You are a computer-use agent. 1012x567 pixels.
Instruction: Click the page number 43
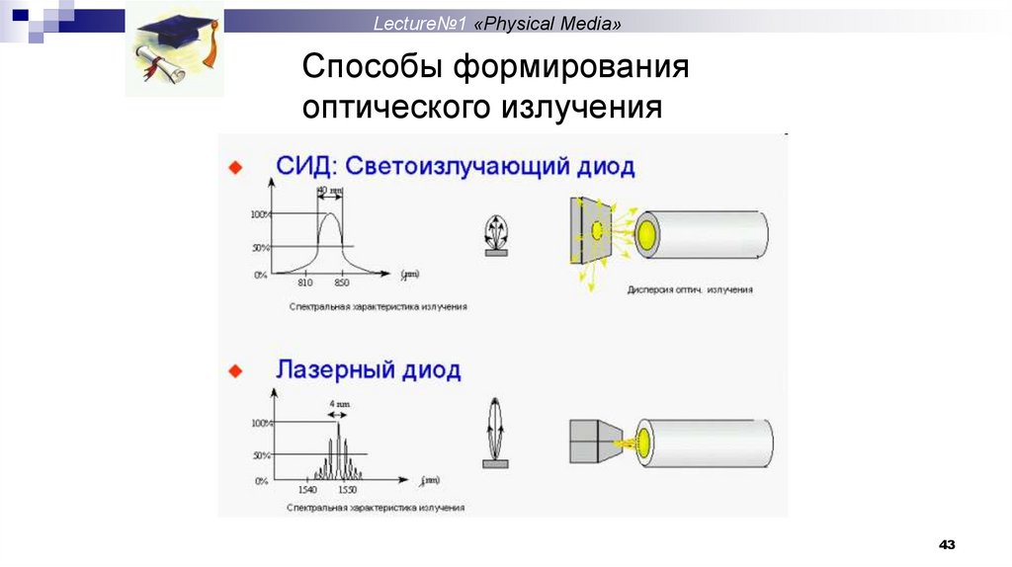click(948, 545)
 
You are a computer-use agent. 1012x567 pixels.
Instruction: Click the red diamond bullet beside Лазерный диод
click(235, 370)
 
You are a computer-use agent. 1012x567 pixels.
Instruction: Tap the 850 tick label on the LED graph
click(342, 283)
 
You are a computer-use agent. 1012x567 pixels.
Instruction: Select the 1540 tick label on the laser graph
click(307, 489)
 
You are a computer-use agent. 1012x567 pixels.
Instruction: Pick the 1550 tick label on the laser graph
click(347, 489)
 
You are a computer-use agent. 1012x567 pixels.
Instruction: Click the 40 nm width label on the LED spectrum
click(330, 190)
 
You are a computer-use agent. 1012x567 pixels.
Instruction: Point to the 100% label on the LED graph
click(260, 214)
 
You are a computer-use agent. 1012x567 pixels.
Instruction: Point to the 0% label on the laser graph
click(262, 480)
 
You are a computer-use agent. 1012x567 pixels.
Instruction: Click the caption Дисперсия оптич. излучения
click(690, 290)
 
